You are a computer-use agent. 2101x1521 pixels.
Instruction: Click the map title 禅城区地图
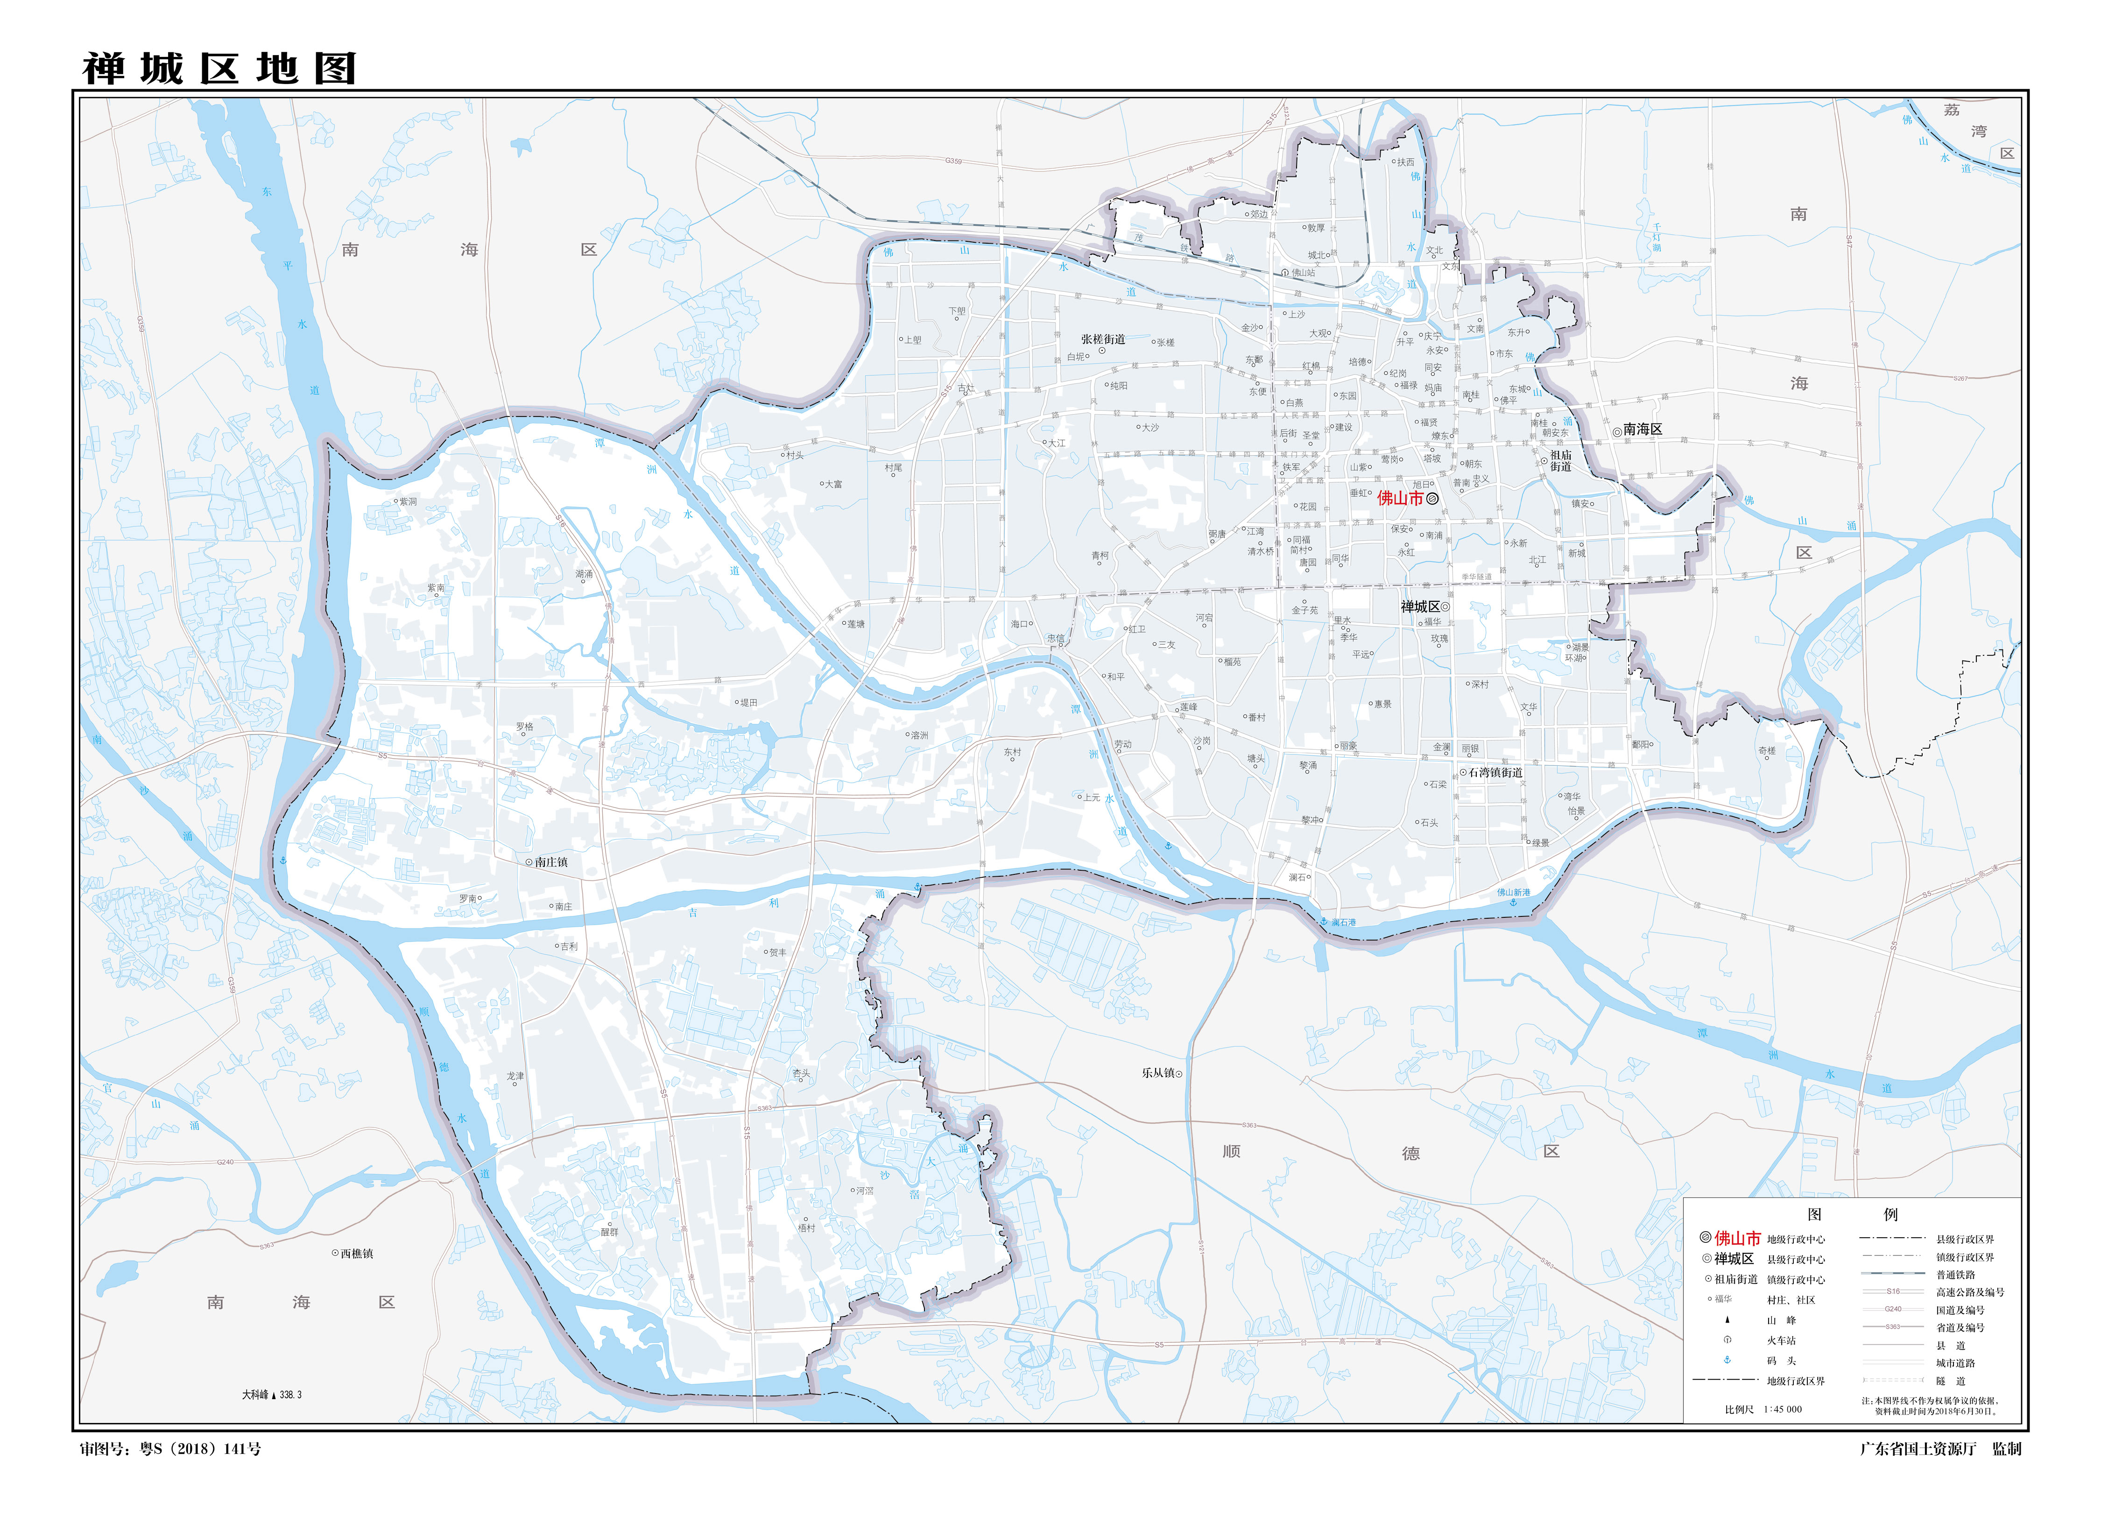pyautogui.click(x=219, y=69)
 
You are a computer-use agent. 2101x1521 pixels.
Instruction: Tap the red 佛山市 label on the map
pyautogui.click(x=1400, y=498)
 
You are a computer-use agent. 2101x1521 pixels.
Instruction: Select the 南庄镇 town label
pyautogui.click(x=551, y=862)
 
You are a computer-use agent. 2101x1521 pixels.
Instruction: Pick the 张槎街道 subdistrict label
pyautogui.click(x=1102, y=339)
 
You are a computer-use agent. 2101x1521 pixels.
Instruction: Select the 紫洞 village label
pyautogui.click(x=408, y=501)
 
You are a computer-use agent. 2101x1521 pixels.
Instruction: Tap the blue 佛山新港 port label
pyautogui.click(x=1514, y=893)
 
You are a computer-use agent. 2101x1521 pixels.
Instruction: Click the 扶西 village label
pyautogui.click(x=1405, y=162)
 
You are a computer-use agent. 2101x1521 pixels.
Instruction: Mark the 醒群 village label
pyautogui.click(x=609, y=1232)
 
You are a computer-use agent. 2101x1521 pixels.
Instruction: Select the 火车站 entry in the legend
pyautogui.click(x=1780, y=1340)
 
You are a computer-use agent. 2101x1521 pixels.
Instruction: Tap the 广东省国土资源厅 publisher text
pyautogui.click(x=1918, y=1449)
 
